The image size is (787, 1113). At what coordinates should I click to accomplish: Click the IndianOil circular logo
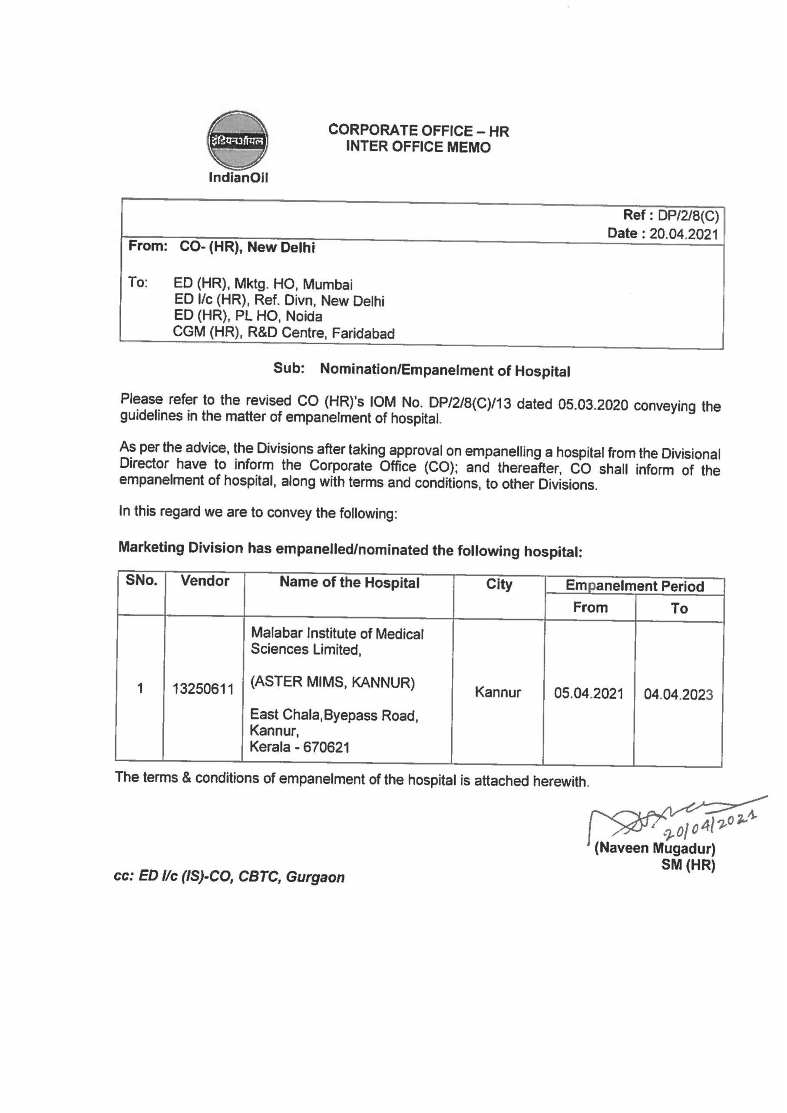[238, 140]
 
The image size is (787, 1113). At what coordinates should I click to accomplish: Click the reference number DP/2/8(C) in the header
[688, 215]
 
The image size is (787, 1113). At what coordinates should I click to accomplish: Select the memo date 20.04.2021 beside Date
[683, 234]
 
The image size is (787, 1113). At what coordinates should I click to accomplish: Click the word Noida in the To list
[304, 317]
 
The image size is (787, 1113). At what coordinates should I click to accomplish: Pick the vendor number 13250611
[203, 689]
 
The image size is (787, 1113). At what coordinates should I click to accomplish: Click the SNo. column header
[142, 580]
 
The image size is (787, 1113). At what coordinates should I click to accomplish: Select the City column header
[499, 584]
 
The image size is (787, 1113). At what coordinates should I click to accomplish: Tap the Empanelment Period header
[635, 586]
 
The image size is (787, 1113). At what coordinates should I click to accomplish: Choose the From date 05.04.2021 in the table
[589, 693]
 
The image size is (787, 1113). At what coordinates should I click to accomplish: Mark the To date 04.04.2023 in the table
[678, 694]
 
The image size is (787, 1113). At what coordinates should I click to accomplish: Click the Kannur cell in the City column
[498, 692]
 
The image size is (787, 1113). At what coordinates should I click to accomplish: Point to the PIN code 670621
[326, 747]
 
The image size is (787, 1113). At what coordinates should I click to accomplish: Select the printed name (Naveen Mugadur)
[655, 848]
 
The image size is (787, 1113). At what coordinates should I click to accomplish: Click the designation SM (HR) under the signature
[688, 865]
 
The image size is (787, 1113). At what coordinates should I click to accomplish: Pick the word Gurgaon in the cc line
[315, 877]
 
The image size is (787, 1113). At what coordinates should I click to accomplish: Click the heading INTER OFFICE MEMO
[418, 147]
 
